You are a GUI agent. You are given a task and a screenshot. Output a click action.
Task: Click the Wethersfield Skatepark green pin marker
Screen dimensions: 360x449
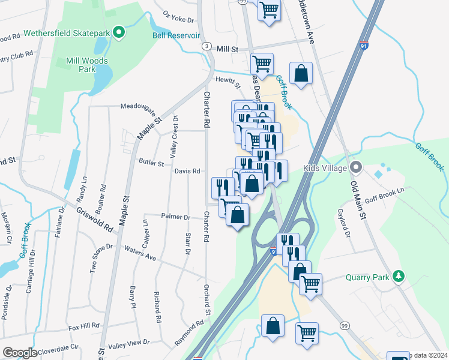[x=119, y=32]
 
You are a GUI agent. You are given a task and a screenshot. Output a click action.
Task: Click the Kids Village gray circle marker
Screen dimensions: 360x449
[x=357, y=168]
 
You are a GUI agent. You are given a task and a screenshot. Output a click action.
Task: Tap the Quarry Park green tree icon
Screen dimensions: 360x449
[x=397, y=277]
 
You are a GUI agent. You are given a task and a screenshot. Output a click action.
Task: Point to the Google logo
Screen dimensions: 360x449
[x=20, y=353]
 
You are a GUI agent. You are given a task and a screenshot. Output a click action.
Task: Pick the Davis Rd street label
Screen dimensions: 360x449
[x=187, y=171]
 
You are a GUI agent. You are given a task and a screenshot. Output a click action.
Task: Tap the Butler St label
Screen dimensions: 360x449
[x=151, y=163]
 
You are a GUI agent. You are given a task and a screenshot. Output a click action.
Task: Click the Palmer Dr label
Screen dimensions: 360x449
[x=175, y=217]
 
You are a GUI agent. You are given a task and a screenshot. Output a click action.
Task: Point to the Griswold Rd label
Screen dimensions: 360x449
[x=95, y=220]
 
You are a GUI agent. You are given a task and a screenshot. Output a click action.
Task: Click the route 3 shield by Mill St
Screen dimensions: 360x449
[x=206, y=46]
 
